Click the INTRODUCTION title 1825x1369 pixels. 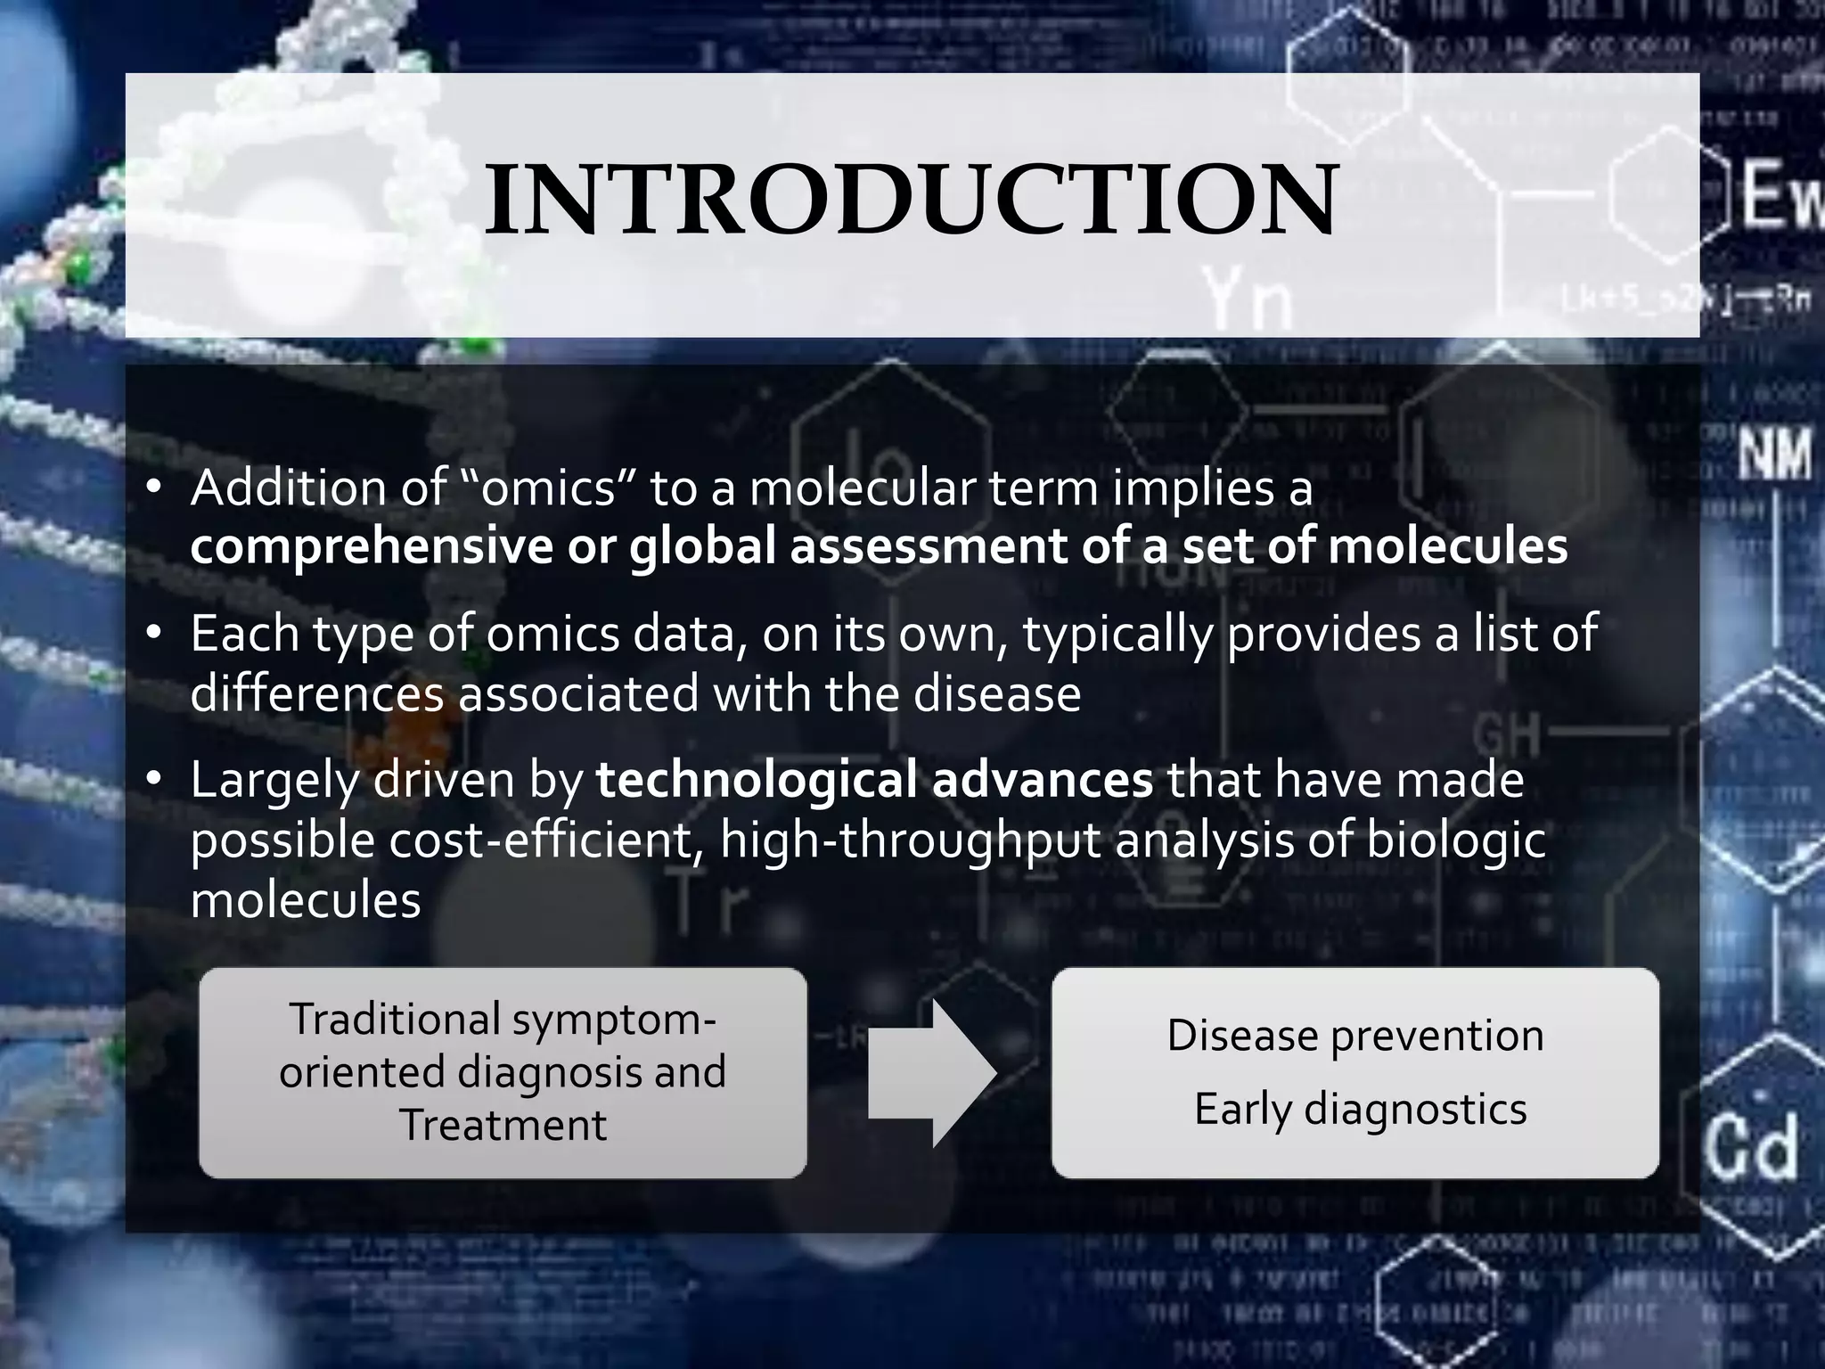click(911, 201)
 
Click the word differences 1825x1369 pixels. click(316, 693)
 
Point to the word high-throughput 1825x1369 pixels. click(910, 840)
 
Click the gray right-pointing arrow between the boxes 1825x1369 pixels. click(931, 1073)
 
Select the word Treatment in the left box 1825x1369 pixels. click(503, 1125)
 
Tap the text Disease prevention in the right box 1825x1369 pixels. click(1354, 1036)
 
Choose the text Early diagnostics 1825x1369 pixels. click(1360, 1110)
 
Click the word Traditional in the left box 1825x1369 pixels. click(395, 1019)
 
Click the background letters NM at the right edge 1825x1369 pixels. click(1774, 455)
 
